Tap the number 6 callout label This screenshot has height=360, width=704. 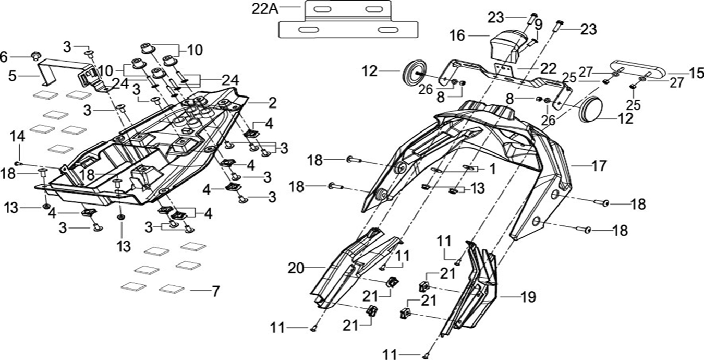(4, 56)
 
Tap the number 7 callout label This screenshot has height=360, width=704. (215, 291)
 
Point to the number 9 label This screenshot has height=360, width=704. (539, 24)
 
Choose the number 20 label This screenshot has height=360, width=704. (295, 268)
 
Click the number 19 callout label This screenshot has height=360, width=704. (528, 297)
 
